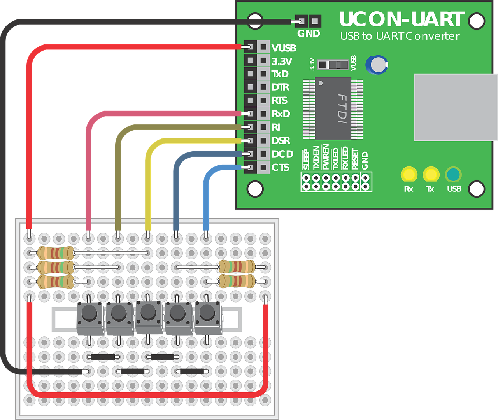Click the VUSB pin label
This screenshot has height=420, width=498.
tap(284, 48)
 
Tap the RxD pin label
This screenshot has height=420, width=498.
tap(281, 114)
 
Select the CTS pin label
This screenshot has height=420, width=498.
tap(280, 168)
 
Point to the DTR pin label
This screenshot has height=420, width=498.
tap(280, 87)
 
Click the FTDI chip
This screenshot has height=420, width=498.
tap(333, 108)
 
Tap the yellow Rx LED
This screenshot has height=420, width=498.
tap(409, 175)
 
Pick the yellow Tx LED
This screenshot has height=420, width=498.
tap(431, 175)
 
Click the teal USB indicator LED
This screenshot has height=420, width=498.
tap(453, 175)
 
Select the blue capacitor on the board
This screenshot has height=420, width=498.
tap(377, 65)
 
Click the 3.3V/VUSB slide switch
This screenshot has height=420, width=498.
tap(333, 65)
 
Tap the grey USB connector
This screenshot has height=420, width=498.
tap(456, 107)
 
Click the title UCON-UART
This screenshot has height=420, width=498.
tap(402, 19)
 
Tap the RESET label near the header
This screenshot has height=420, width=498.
tap(355, 159)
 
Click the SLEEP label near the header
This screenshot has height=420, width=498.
tap(306, 159)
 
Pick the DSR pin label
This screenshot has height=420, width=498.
tap(281, 141)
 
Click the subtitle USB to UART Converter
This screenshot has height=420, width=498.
tap(400, 36)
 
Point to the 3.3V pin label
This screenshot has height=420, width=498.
tap(282, 61)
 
